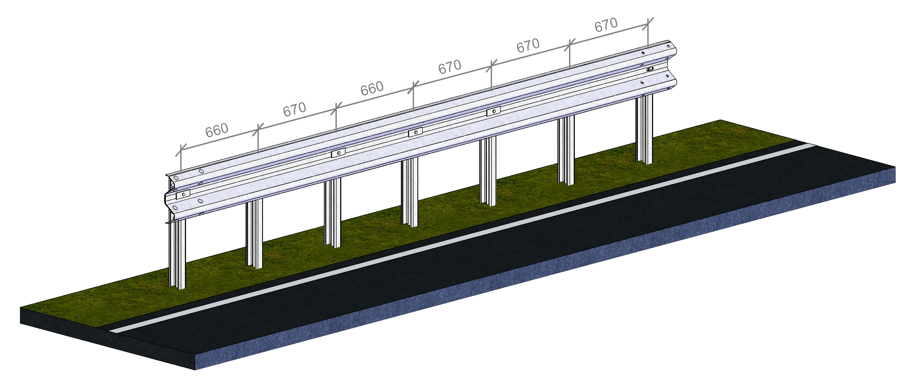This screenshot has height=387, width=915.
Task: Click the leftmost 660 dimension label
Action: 217,130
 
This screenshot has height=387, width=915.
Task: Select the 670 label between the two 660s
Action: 294,110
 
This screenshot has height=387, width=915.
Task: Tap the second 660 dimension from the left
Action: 372,89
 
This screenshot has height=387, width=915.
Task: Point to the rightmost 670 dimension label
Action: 606,25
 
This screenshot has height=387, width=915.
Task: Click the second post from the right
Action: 566,151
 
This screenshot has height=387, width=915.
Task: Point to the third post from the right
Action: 488,171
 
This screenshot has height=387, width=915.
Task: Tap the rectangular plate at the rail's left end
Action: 183,194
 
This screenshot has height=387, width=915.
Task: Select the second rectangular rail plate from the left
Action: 338,153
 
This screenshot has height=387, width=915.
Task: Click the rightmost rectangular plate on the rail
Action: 493,112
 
